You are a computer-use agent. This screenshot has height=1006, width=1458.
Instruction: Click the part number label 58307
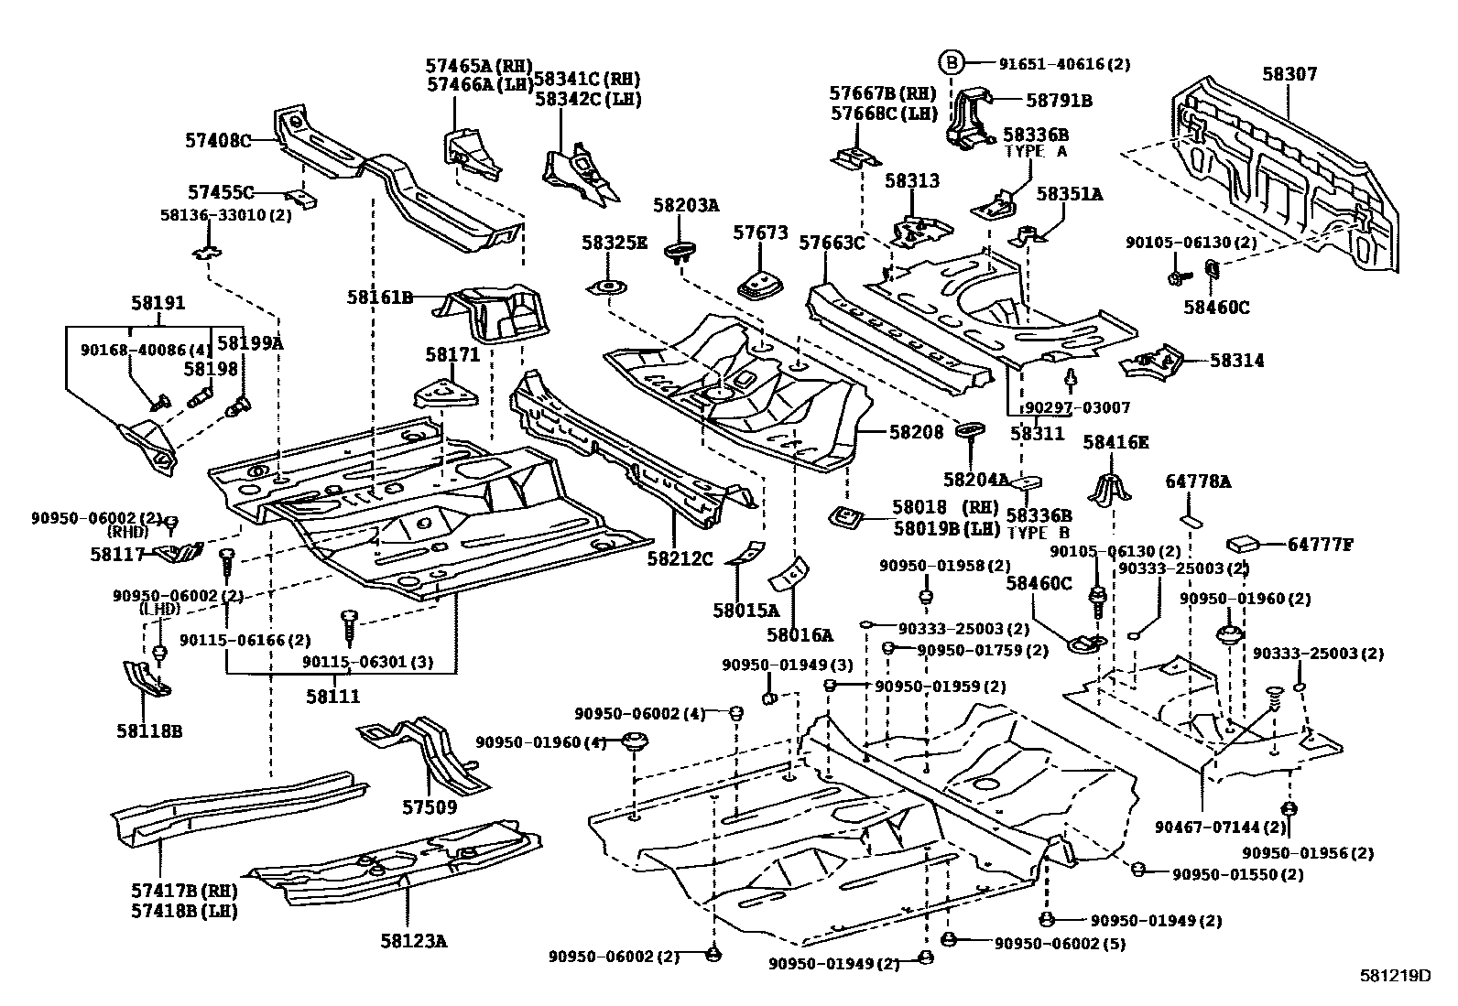pos(1289,74)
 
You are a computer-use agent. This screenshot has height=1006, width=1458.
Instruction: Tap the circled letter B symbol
pos(952,63)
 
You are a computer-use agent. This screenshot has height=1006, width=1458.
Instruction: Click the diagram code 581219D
pos(1394,976)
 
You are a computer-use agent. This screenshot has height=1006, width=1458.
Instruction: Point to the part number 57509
pos(429,808)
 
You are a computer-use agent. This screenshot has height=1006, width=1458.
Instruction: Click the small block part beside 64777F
pos(1243,542)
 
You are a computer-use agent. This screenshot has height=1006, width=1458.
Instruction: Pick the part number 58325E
pos(614,243)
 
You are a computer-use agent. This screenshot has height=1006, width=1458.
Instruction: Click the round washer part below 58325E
pos(608,288)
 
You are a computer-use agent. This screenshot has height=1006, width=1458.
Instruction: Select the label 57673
pos(760,233)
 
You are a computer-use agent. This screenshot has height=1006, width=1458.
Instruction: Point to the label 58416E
pos(1115,442)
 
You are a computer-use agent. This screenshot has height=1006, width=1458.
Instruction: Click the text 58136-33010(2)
pos(212,214)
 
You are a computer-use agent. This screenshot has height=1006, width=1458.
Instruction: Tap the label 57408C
pos(218,141)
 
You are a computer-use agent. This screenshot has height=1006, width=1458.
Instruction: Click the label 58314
pos(1236,361)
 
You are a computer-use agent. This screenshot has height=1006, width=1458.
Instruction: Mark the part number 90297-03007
pos(1077,407)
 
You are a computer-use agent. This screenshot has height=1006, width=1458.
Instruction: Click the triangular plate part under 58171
pos(447,395)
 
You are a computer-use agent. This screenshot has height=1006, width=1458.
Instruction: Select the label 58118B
pos(148,730)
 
